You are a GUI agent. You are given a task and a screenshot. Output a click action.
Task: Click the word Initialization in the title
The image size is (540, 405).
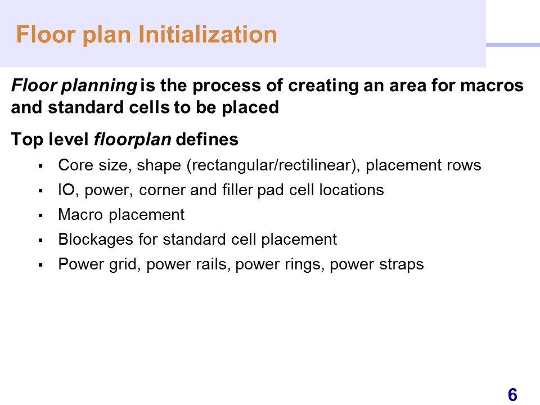coord(208,34)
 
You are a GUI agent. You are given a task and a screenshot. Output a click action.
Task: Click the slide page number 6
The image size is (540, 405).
coord(512,395)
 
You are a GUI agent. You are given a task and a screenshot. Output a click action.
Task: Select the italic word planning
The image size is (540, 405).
coord(99,85)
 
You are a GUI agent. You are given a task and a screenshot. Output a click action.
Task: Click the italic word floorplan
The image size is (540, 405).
coord(132,139)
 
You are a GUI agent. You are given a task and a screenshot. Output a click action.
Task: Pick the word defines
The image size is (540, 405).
coord(207,139)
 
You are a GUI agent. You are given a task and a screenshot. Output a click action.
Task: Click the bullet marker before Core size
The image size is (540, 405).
coord(40,166)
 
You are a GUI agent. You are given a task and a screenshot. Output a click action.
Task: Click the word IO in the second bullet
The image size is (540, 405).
coord(66,190)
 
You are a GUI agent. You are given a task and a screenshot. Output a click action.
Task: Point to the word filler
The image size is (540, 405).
coord(237,190)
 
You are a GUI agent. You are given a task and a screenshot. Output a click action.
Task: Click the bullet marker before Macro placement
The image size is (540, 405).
coord(40,216)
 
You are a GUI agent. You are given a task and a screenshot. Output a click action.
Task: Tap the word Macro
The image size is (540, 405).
coord(80,214)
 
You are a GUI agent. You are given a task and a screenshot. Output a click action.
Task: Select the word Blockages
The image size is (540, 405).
coord(96,240)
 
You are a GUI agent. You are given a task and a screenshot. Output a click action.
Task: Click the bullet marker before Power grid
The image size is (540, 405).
coord(40,265)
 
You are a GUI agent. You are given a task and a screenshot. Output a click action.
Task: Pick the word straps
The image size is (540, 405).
coord(401,264)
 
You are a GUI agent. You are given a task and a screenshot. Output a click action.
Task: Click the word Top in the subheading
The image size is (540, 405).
coord(27,139)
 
